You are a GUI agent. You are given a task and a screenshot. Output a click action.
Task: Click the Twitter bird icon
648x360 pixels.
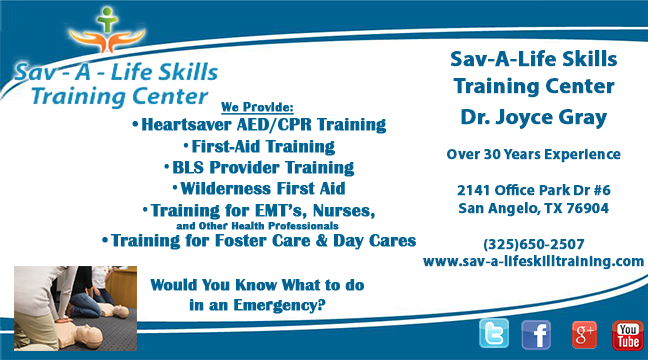point(493,334)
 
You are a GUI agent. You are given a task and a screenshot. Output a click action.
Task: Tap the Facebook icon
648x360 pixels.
point(536,334)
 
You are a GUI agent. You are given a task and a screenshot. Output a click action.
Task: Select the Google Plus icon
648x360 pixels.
point(584,334)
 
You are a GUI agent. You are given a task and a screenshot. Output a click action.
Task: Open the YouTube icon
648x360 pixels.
point(627,334)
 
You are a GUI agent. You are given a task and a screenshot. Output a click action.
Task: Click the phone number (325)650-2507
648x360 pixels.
point(533,244)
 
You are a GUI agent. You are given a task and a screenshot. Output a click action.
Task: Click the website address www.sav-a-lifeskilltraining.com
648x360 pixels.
point(533,261)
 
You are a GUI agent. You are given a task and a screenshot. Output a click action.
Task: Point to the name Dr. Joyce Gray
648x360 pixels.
point(533,118)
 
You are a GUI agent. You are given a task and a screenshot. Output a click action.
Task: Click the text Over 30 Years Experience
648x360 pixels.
point(533,154)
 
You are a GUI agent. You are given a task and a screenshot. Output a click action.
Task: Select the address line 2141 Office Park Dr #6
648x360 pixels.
point(533,191)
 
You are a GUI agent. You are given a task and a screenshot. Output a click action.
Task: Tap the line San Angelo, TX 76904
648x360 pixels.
point(533,208)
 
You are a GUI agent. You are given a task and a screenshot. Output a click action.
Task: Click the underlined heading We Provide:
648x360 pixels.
point(257,106)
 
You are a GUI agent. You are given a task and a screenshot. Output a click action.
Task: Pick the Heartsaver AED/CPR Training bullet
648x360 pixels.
point(259,125)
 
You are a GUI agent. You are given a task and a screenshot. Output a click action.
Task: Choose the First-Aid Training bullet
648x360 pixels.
point(258,146)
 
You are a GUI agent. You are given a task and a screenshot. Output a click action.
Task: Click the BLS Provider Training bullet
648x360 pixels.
point(258,167)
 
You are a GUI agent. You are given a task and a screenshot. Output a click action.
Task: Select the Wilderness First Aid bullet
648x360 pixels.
point(258,188)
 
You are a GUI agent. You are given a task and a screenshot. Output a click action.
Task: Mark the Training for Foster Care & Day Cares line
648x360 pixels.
point(259,240)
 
